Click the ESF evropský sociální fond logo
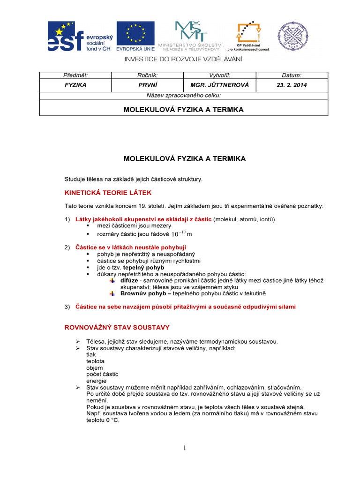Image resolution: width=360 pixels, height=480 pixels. click(x=79, y=37)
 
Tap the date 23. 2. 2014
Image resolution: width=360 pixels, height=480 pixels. click(x=292, y=85)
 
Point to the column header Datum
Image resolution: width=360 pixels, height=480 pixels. click(x=292, y=75)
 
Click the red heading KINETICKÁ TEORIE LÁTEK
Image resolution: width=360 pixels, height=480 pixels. click(x=108, y=193)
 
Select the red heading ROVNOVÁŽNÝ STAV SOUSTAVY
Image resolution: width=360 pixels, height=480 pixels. click(x=116, y=327)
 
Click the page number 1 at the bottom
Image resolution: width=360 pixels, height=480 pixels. click(x=185, y=448)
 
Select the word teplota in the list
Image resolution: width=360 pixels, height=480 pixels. click(x=95, y=361)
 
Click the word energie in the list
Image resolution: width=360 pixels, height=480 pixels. click(x=96, y=381)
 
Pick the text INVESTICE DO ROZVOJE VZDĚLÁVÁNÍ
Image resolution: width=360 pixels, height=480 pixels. click(x=183, y=59)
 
